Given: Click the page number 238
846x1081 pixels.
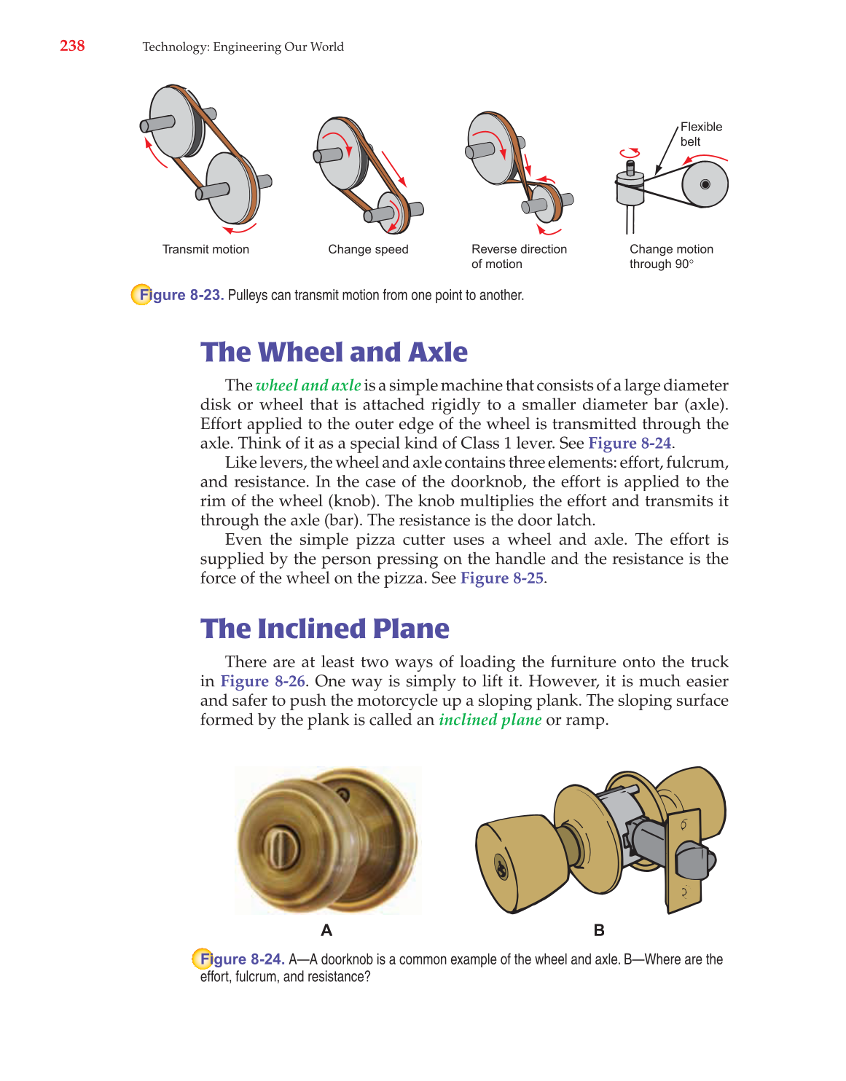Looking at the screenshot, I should [72, 46].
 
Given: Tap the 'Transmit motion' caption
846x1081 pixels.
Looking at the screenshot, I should [205, 249].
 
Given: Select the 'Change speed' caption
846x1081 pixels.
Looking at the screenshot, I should [368, 249].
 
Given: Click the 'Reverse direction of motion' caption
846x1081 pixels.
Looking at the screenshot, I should [519, 256].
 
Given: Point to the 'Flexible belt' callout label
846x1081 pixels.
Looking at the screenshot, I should [701, 134].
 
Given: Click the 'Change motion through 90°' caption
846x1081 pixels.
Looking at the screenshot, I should [671, 256].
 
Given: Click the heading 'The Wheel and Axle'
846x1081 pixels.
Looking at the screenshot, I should [334, 352].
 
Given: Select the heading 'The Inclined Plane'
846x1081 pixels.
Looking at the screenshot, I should [325, 629].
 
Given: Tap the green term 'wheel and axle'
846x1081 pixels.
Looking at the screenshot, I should [308, 385].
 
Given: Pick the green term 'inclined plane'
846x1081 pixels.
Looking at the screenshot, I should [490, 720].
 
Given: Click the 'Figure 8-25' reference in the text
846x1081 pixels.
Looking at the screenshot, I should [502, 578].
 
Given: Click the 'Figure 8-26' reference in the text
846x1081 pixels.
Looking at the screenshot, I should [262, 681].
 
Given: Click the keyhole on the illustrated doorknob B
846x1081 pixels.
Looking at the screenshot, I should [502, 868].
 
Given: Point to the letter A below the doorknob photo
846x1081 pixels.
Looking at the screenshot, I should [326, 930].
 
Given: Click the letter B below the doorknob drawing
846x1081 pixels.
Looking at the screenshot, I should [599, 930].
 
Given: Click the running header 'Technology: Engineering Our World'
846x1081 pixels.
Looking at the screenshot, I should [243, 47].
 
